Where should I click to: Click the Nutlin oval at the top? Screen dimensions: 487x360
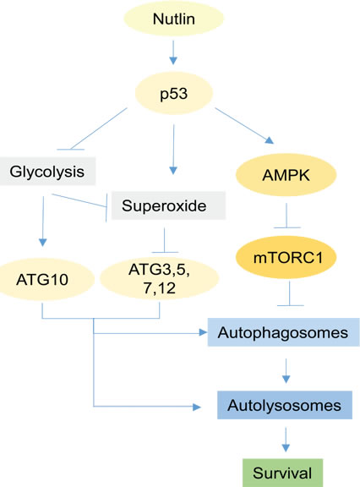[173, 19]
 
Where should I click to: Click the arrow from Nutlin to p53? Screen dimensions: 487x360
[173, 57]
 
